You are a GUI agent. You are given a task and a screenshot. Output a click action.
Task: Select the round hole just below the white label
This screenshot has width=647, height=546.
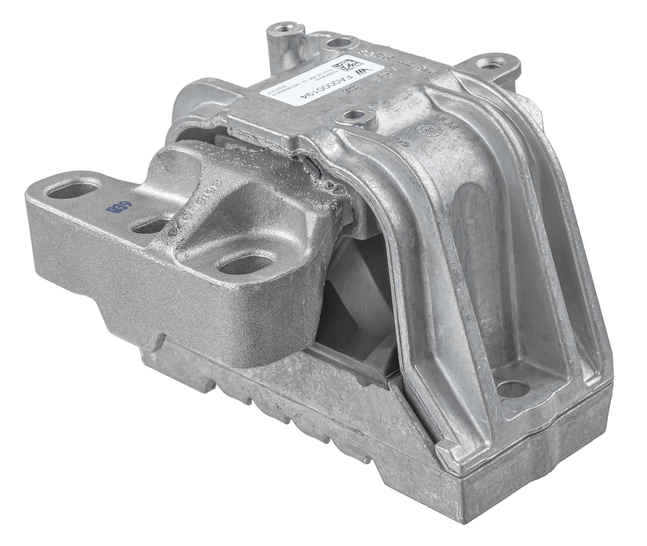click(x=353, y=116)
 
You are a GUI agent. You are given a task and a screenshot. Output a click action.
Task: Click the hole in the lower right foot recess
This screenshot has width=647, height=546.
click(x=511, y=386)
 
